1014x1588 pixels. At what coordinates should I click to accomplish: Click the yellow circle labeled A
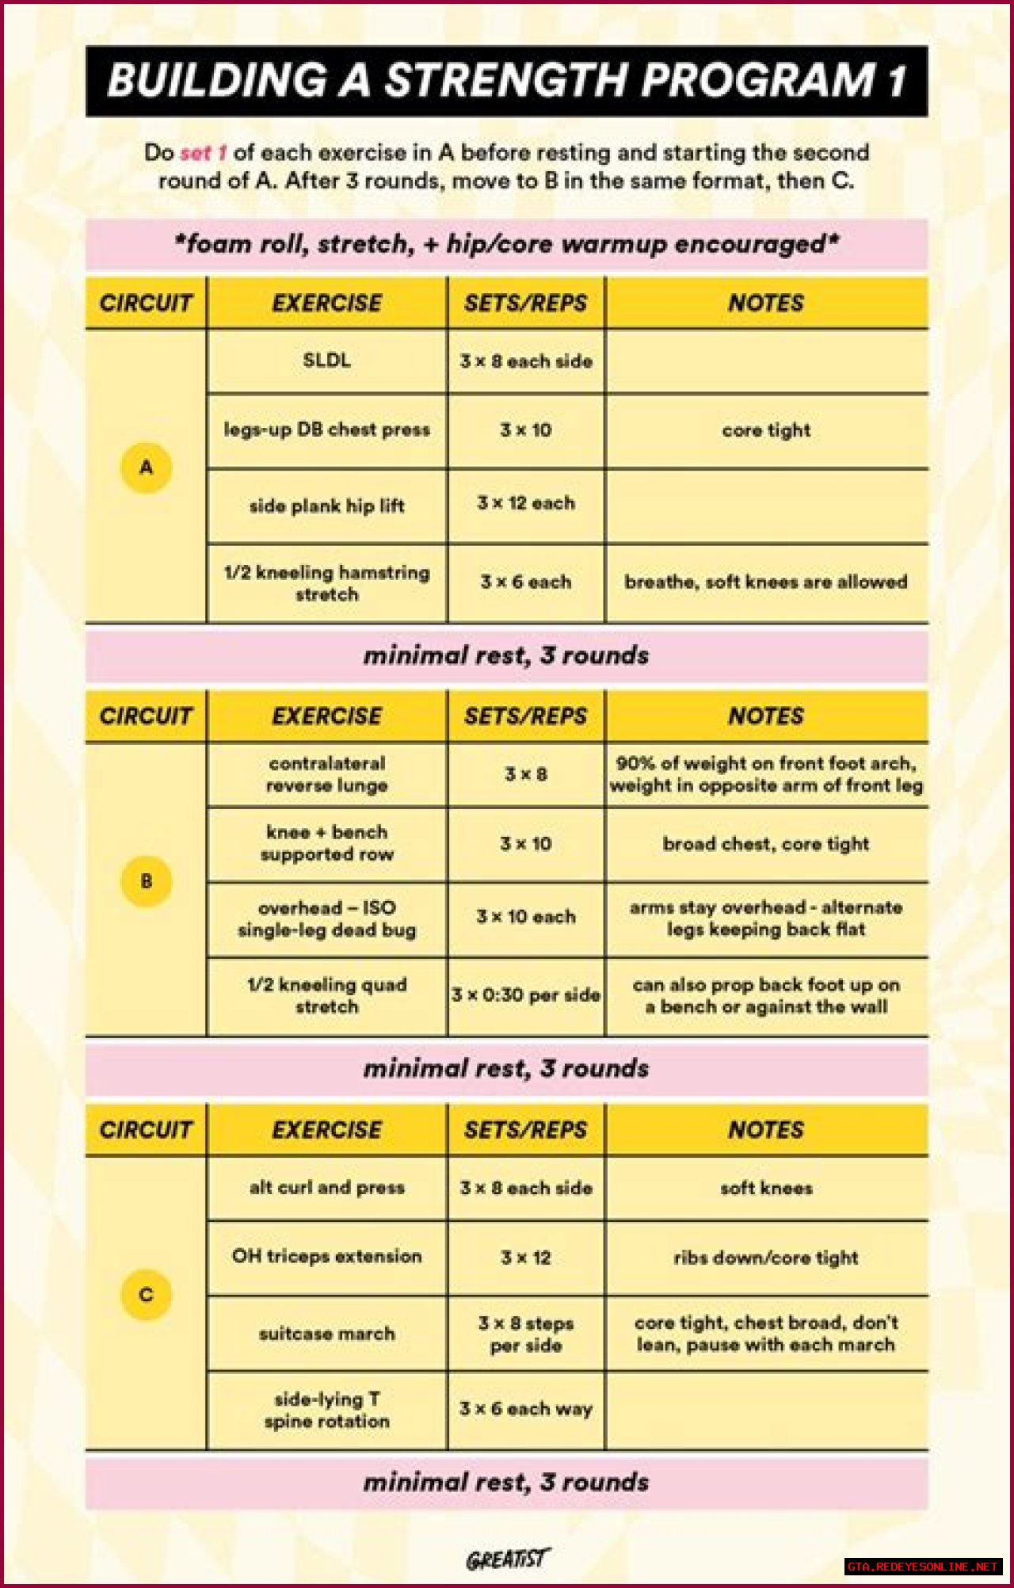coord(147,468)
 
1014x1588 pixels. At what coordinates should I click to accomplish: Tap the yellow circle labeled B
coord(147,881)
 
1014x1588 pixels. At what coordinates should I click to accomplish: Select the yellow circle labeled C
coord(147,1295)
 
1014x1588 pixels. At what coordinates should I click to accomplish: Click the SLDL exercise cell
coord(326,361)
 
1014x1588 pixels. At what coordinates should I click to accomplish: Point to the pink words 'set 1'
coord(204,152)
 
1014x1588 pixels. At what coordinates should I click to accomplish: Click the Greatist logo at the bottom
coord(507,1559)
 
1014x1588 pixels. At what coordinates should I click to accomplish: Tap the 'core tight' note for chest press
coord(766,430)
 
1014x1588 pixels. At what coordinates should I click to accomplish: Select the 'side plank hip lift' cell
coord(326,506)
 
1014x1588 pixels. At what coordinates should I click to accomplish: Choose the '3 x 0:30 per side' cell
coord(526,995)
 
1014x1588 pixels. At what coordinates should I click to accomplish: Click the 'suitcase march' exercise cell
coord(326,1334)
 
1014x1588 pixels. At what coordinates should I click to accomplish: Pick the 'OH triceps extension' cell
coord(326,1257)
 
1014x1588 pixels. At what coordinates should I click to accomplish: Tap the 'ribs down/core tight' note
coord(766,1258)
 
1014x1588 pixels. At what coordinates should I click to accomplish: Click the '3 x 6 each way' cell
coord(526,1409)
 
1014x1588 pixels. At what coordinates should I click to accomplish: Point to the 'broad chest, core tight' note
coord(766,844)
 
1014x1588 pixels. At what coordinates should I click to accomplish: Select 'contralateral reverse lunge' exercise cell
coord(326,774)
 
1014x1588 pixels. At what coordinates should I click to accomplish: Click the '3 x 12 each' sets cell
coord(526,503)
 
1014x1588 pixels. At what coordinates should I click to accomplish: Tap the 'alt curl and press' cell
coord(326,1188)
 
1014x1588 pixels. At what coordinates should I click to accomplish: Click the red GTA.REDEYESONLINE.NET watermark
coord(923,1567)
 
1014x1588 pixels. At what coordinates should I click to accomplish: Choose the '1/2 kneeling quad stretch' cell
coord(326,995)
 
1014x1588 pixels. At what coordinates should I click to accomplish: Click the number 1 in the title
coord(895,81)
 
